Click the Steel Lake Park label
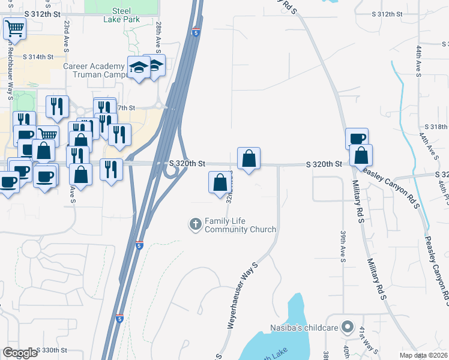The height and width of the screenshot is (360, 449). [109, 15]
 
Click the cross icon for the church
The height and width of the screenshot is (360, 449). [195, 225]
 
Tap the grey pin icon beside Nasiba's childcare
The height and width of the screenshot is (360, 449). [347, 327]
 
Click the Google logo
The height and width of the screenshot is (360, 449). [20, 353]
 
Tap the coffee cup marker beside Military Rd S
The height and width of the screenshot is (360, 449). [357, 138]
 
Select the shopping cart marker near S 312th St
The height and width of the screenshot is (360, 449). [14, 28]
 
